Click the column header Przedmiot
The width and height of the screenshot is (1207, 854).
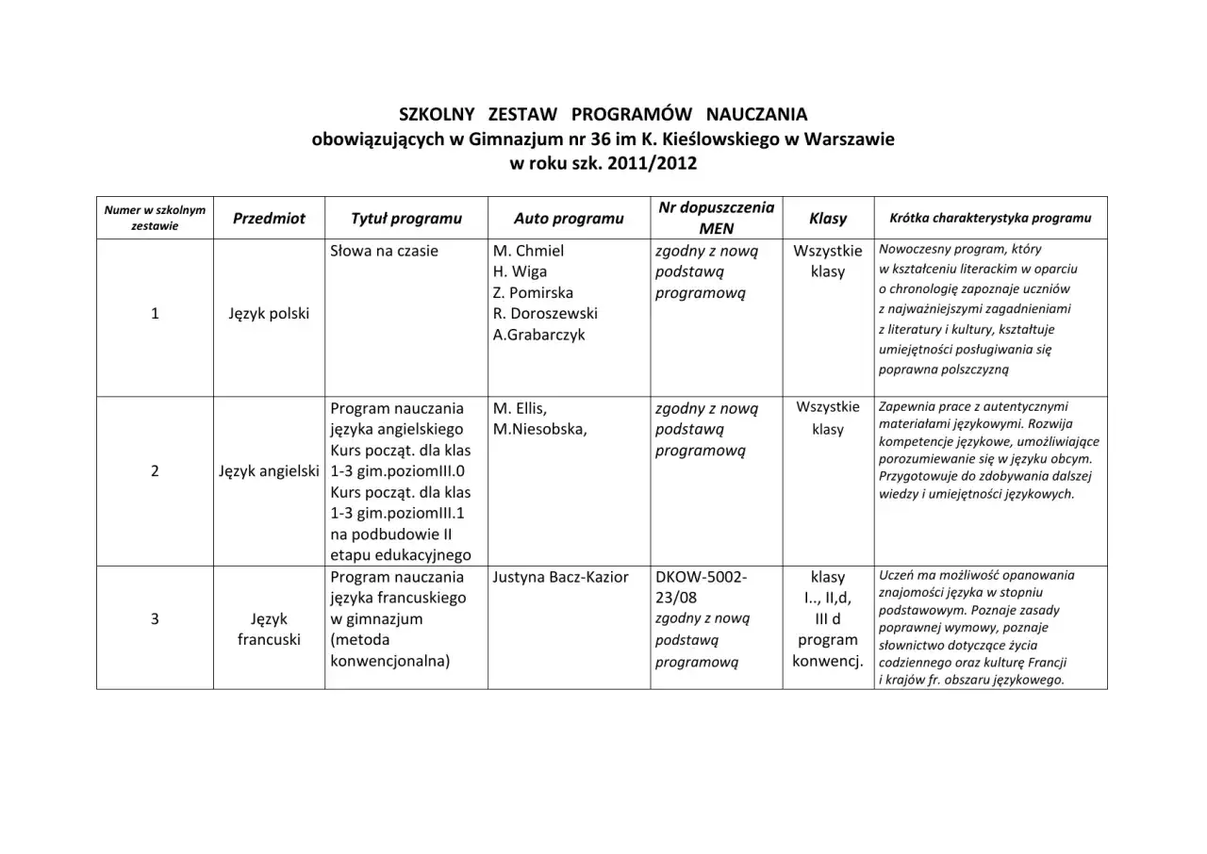pos(269,219)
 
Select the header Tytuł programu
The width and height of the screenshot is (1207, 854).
pos(406,219)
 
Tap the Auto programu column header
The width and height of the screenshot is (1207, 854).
pos(569,219)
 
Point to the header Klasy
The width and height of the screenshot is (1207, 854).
pos(828,219)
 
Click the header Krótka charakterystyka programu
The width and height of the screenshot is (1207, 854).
pos(990,219)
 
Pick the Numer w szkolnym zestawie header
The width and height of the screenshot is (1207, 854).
pos(155,218)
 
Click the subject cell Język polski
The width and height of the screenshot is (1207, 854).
pos(269,314)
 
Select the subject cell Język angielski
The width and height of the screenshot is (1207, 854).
pos(269,471)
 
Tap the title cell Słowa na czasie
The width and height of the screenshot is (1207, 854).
pos(385,252)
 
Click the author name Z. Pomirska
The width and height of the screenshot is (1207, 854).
pos(533,293)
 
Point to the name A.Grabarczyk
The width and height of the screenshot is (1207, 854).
pos(538,335)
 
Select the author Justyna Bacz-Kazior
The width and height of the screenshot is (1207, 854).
pos(560,577)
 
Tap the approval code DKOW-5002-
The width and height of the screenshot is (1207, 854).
pos(700,577)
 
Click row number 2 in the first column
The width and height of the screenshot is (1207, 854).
pos(155,471)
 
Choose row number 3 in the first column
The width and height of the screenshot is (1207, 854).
pos(155,619)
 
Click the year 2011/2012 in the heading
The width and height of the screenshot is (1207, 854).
pos(653,163)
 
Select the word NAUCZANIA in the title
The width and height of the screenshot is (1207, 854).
pos(757,115)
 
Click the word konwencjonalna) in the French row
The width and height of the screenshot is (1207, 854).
pos(389,660)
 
